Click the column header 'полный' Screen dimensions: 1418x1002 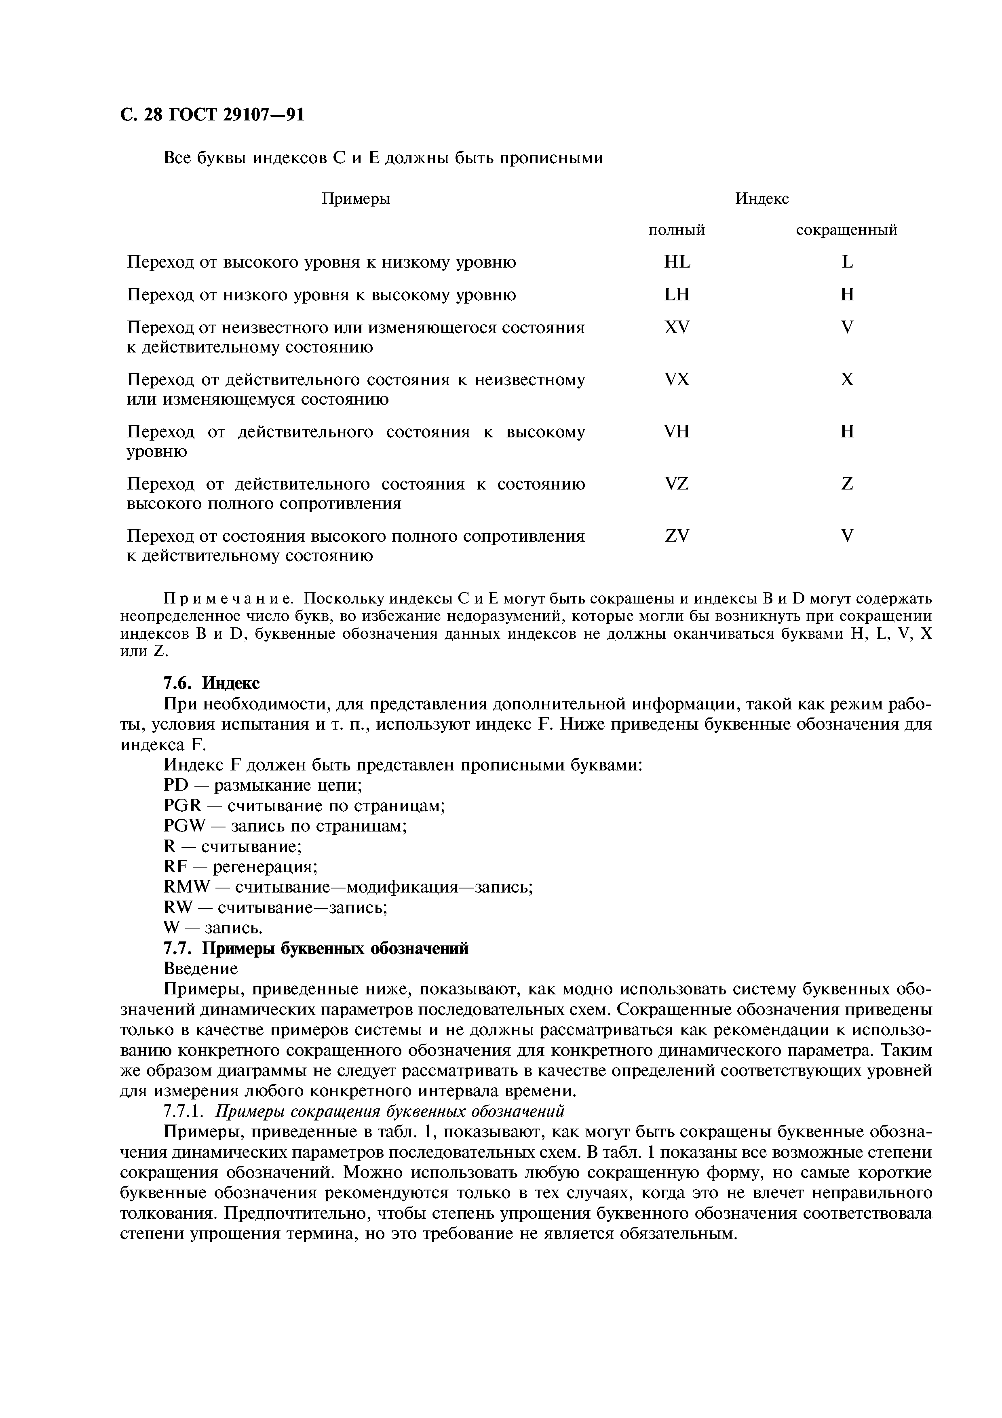(676, 230)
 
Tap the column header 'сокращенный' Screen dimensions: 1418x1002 (846, 230)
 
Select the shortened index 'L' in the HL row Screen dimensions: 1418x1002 (847, 262)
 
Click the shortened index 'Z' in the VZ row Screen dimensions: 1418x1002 (847, 483)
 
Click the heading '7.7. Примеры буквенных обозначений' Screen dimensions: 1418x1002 (316, 949)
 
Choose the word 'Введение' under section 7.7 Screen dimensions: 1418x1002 (200, 969)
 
